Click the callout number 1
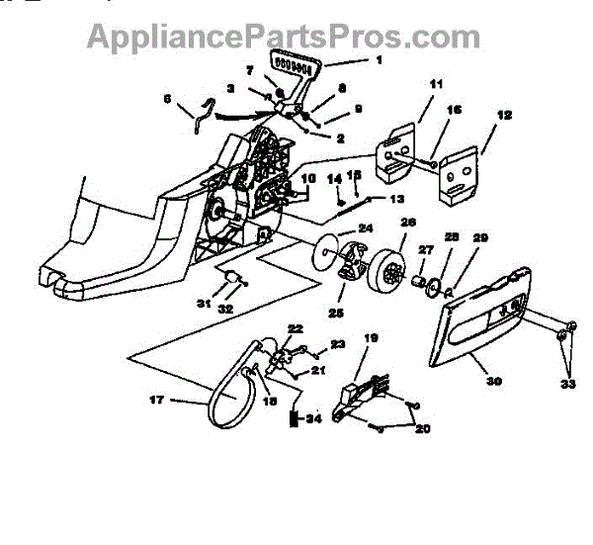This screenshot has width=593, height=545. (350, 59)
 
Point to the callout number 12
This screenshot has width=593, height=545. (503, 116)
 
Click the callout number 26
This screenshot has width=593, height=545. (406, 223)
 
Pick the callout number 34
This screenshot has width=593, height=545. (313, 418)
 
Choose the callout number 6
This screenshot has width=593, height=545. (167, 98)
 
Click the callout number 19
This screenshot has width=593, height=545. (372, 338)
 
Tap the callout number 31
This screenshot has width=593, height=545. (202, 303)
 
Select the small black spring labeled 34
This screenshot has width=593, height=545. (294, 418)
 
